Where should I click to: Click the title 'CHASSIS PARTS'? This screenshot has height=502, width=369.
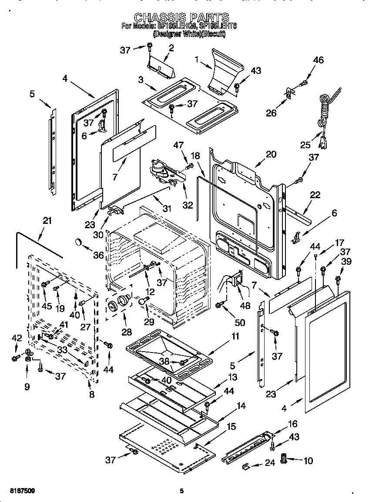[x=181, y=17]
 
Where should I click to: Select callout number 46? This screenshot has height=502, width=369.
[x=318, y=60]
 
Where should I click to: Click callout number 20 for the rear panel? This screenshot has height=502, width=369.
[x=271, y=154]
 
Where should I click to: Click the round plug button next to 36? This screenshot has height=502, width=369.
[x=79, y=241]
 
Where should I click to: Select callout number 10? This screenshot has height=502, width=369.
[x=308, y=461]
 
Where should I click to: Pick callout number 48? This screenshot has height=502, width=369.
[x=245, y=306]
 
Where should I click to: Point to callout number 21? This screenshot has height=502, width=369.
[x=47, y=221]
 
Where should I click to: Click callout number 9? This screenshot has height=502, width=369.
[x=27, y=386]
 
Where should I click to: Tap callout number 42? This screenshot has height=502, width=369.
[x=16, y=338]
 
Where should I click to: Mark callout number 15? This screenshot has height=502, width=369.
[x=232, y=427]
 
